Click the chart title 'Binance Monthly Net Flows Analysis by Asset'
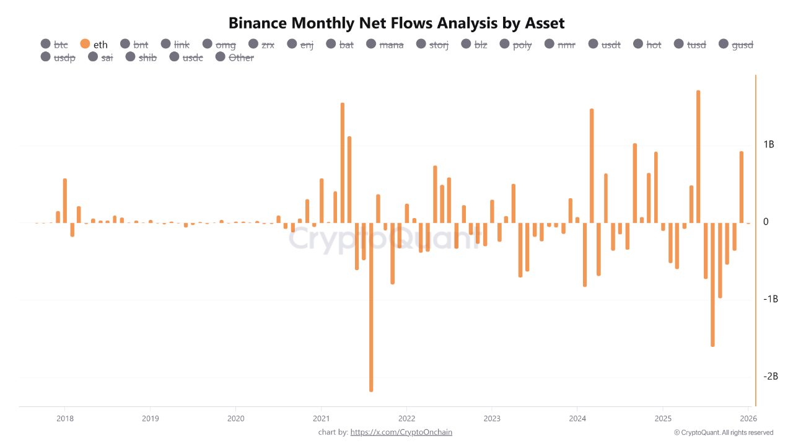[x=396, y=24]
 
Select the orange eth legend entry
[x=94, y=44]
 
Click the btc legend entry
[x=55, y=44]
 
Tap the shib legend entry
[x=141, y=58]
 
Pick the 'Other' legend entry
[x=235, y=58]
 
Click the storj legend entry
[x=432, y=44]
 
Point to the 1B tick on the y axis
[x=768, y=144]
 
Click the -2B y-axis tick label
[x=769, y=377]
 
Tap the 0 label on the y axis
[x=766, y=222]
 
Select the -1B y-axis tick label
[x=769, y=299]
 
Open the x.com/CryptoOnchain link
[x=401, y=432]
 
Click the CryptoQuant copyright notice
[x=723, y=432]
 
